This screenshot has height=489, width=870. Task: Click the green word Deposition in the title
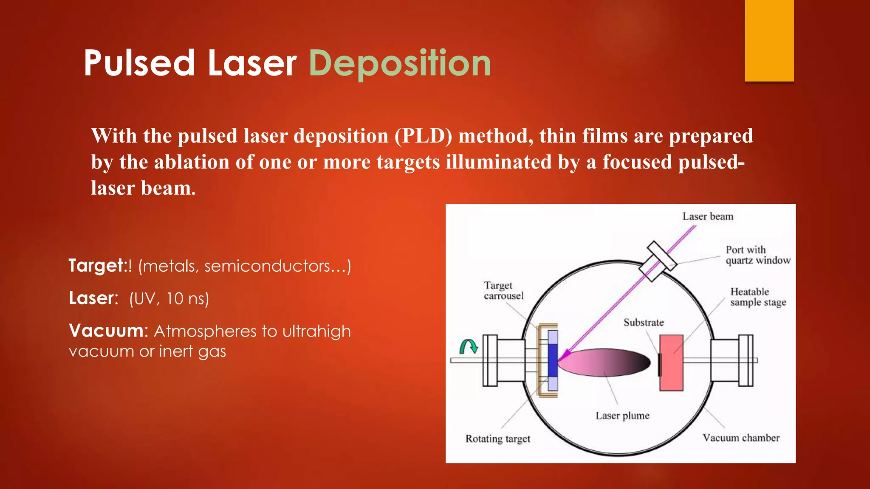pyautogui.click(x=400, y=64)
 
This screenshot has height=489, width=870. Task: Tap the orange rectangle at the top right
pyautogui.click(x=769, y=40)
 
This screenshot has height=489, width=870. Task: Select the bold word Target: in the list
pyautogui.click(x=97, y=266)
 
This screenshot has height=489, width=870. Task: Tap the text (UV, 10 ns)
pyautogui.click(x=169, y=298)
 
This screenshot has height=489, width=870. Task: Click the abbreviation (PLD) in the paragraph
pyautogui.click(x=424, y=136)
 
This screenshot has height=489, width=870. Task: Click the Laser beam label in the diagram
pyautogui.click(x=708, y=216)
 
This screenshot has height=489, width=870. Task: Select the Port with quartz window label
pyautogui.click(x=757, y=255)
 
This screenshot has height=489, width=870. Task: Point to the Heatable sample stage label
pyautogui.click(x=758, y=297)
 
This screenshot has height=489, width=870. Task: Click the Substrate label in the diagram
pyautogui.click(x=643, y=323)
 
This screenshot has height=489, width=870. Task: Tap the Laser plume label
pyautogui.click(x=622, y=416)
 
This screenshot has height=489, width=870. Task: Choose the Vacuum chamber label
pyautogui.click(x=741, y=438)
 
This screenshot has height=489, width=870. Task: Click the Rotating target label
pyautogui.click(x=497, y=438)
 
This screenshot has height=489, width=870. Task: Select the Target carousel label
pyautogui.click(x=503, y=290)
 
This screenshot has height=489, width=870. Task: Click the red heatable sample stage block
pyautogui.click(x=671, y=363)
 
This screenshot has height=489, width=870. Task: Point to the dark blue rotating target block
pyautogui.click(x=553, y=360)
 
